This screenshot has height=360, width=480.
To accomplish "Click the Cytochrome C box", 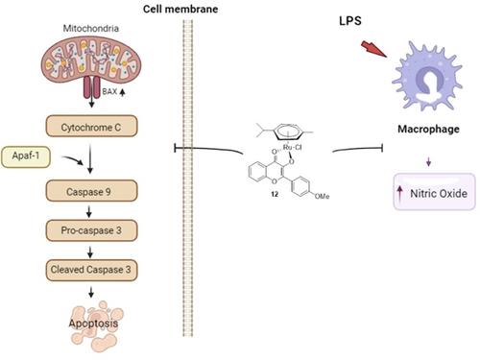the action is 92,126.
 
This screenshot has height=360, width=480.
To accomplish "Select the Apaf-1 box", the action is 26,156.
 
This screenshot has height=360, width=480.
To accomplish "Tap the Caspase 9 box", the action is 92,191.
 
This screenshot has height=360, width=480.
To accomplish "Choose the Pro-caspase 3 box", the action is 92,230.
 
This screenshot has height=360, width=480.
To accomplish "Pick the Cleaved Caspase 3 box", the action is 92,270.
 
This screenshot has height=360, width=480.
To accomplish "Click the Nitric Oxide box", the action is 434,192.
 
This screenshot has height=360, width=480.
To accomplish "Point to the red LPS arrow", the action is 373,49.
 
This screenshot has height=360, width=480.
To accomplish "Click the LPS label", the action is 350,21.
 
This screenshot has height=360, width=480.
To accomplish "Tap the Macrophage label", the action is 428,129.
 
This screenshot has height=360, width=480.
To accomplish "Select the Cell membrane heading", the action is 180,9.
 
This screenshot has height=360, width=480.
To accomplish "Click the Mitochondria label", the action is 91,29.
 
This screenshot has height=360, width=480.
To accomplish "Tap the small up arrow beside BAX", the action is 122,92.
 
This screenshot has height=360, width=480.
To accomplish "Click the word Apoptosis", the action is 93,324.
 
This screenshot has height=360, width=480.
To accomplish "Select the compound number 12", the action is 275,194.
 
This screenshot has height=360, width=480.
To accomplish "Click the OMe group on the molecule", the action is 322,196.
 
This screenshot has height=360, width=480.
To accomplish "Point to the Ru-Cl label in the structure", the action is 292,148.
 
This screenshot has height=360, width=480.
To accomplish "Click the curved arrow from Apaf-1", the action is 73,160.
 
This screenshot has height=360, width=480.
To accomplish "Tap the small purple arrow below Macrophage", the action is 428,162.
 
